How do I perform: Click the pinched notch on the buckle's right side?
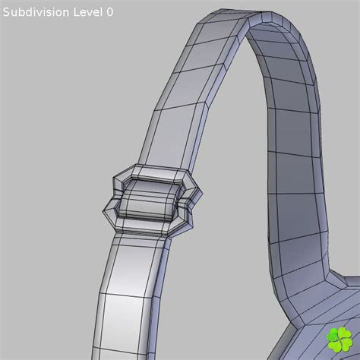tap(191, 201)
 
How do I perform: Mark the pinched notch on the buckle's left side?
tap(109, 199)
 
